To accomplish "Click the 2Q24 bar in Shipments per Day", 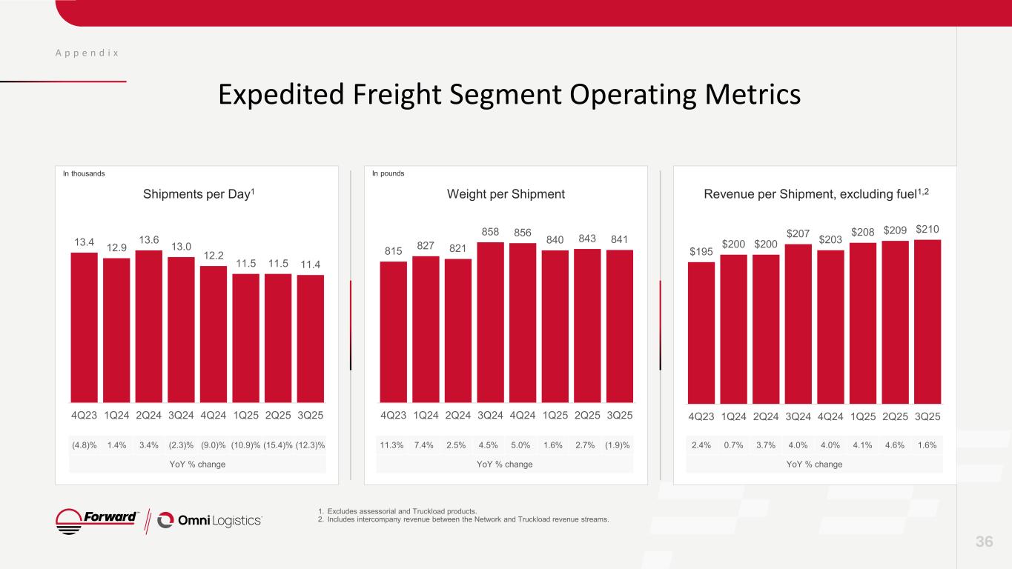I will click(x=149, y=326).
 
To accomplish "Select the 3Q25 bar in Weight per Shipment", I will click(x=620, y=326).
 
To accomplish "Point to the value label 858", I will click(x=490, y=232).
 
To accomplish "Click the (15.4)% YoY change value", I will click(x=278, y=445).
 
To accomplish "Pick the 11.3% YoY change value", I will click(x=393, y=445).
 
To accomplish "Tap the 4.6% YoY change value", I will click(x=895, y=445).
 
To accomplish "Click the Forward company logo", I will click(x=97, y=520).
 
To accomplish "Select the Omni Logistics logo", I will click(x=210, y=521).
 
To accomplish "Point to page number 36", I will click(x=984, y=542).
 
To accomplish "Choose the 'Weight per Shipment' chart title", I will click(x=506, y=194).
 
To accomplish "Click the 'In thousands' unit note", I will click(x=83, y=173).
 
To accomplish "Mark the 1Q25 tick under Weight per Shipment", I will click(x=555, y=416).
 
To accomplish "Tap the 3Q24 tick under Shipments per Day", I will click(x=181, y=416).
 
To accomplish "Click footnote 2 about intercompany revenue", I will click(x=463, y=519).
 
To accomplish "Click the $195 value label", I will click(x=701, y=251).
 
